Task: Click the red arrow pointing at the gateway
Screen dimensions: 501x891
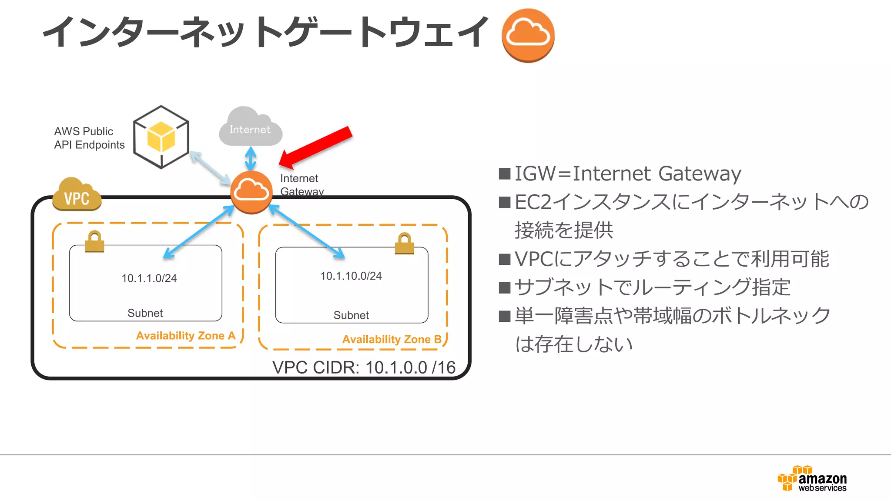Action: (x=316, y=147)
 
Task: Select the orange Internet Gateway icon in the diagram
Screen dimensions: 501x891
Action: (x=251, y=192)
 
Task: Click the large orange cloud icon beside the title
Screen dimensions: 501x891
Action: (x=528, y=36)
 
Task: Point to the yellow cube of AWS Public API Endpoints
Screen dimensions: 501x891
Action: (x=161, y=137)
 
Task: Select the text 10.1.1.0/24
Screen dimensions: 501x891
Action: (x=149, y=278)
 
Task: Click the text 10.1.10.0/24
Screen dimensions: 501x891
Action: (x=351, y=276)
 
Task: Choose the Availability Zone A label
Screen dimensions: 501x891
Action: (x=186, y=336)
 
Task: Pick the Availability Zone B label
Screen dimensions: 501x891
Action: (x=392, y=339)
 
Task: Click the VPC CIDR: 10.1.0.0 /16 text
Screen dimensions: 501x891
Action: (x=364, y=367)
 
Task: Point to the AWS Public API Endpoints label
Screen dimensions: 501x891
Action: (x=89, y=138)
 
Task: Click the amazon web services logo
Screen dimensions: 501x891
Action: (x=812, y=478)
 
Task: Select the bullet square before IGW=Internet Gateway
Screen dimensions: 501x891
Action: (x=505, y=174)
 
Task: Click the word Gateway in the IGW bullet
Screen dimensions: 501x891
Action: (x=700, y=174)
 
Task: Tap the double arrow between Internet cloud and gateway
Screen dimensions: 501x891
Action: (x=251, y=158)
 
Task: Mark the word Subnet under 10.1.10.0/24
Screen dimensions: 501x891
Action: (x=351, y=315)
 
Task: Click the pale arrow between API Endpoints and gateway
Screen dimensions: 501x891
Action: (x=210, y=168)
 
